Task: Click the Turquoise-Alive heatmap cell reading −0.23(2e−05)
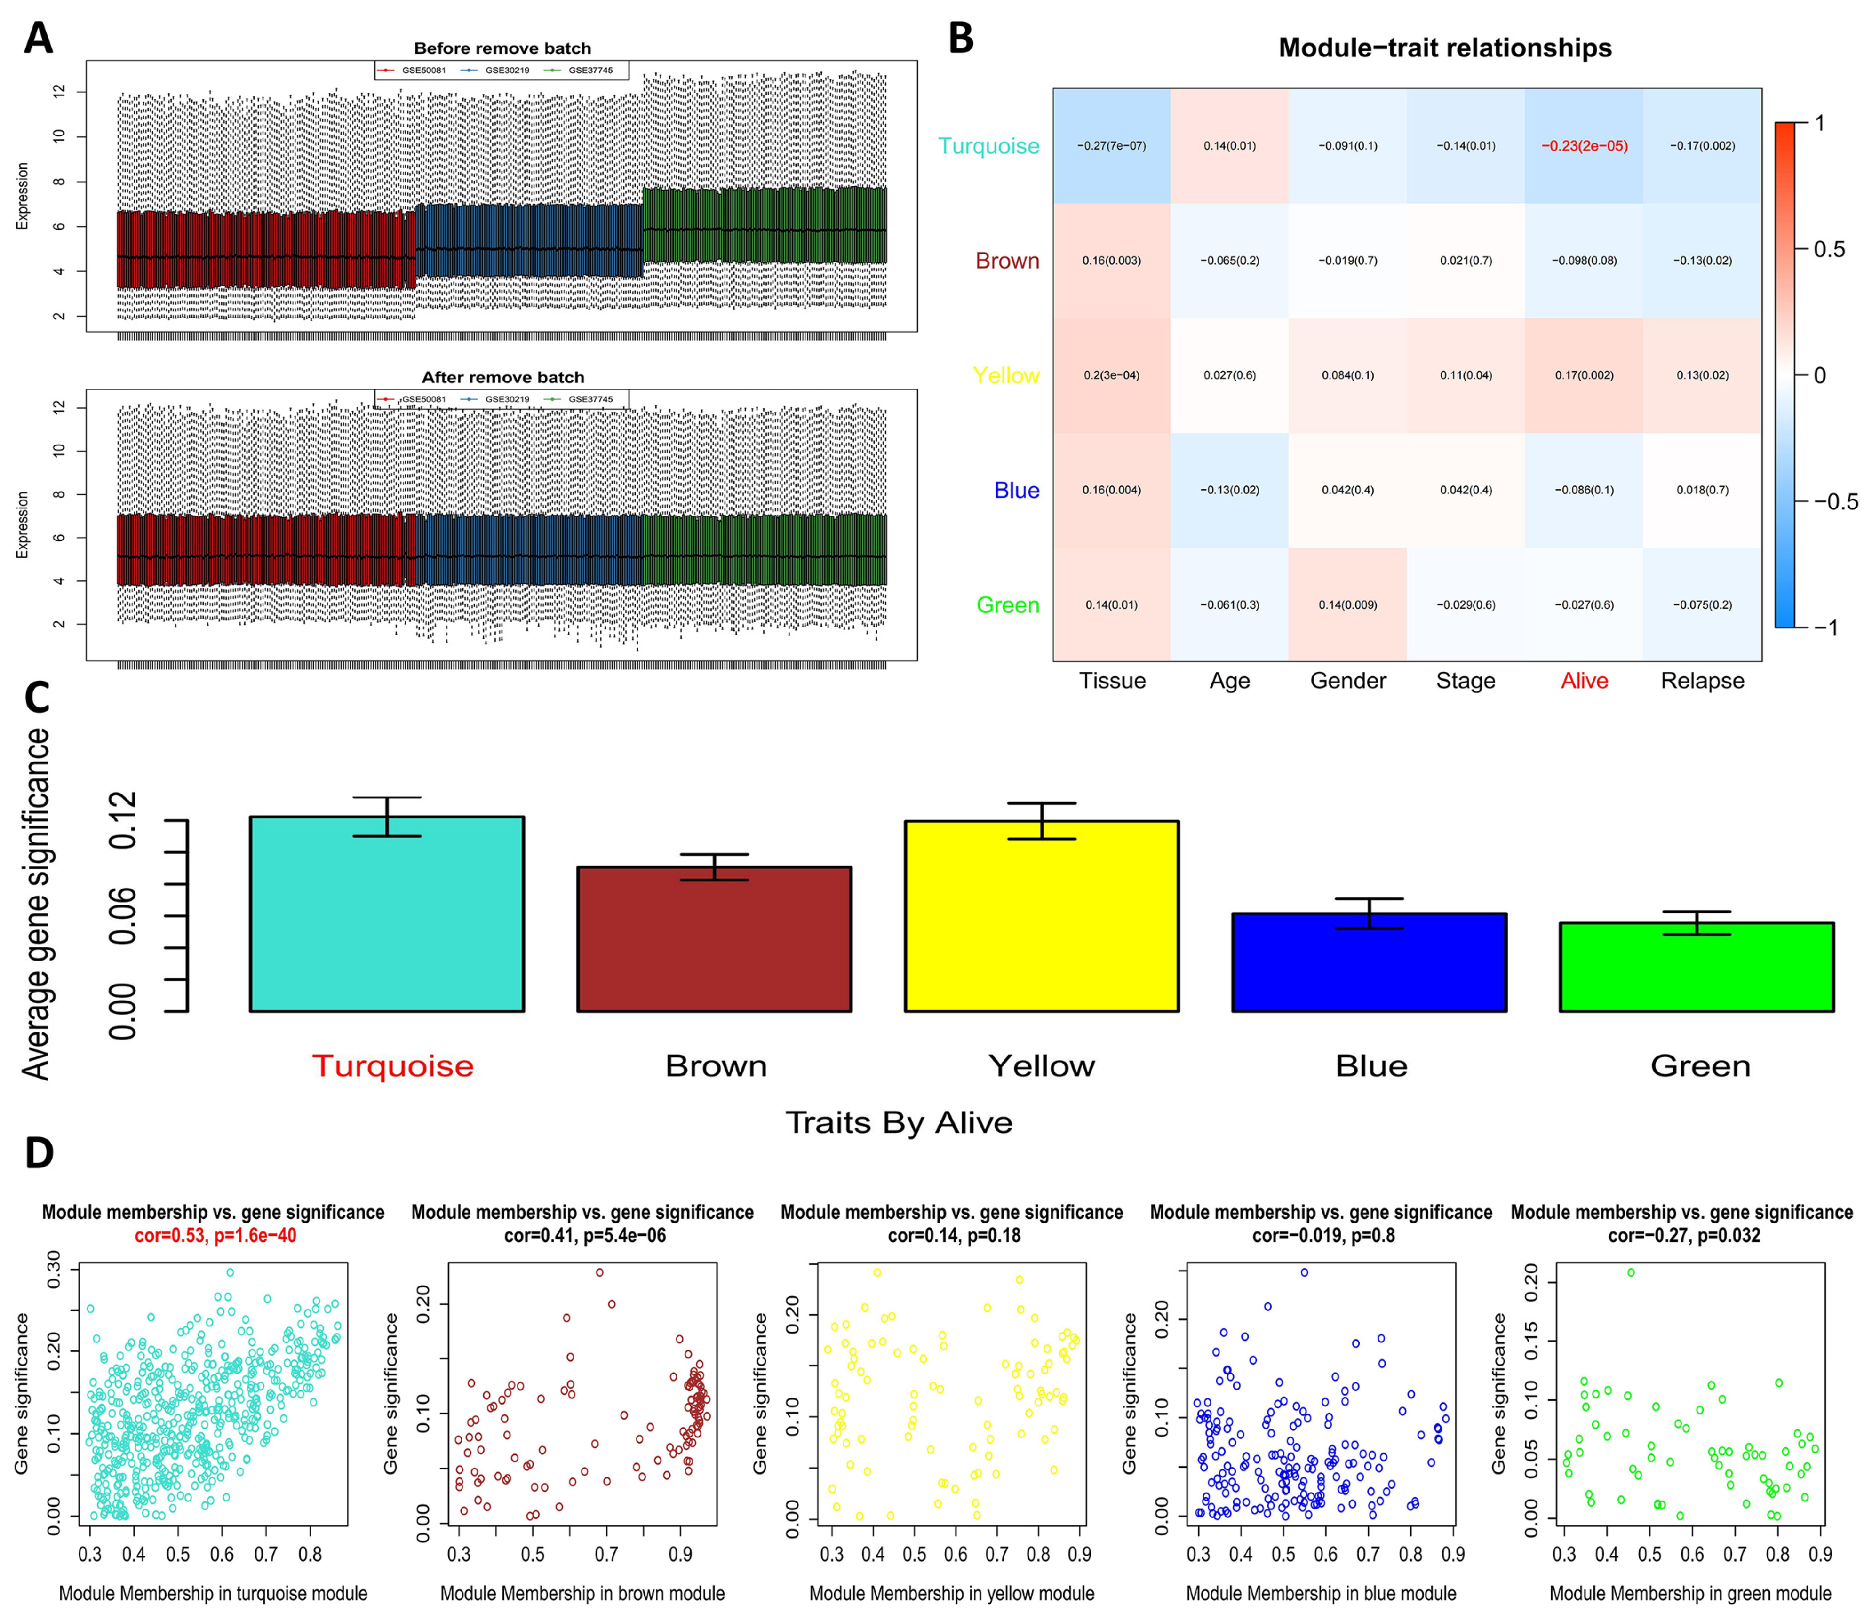pyautogui.click(x=1584, y=145)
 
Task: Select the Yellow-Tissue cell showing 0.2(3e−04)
pyautogui.click(x=1111, y=375)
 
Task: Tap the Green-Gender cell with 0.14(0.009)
pyautogui.click(x=1347, y=605)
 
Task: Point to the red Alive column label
pyautogui.click(x=1584, y=681)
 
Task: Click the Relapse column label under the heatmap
pyautogui.click(x=1702, y=681)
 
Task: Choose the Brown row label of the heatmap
pyautogui.click(x=1006, y=261)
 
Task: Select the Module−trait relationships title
pyautogui.click(x=1444, y=48)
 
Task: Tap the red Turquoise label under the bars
pyautogui.click(x=392, y=1066)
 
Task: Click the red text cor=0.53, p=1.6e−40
pyautogui.click(x=215, y=1235)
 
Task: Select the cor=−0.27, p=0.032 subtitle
pyautogui.click(x=1684, y=1235)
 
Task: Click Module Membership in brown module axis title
pyautogui.click(x=582, y=1593)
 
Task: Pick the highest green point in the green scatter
pyautogui.click(x=1631, y=1272)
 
